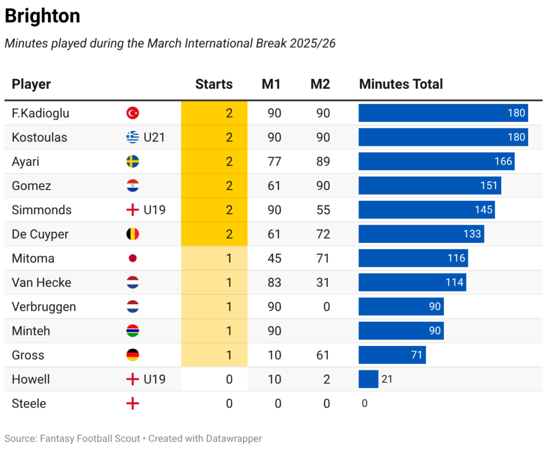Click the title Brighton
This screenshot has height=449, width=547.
click(x=42, y=17)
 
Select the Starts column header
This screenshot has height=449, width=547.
click(x=214, y=84)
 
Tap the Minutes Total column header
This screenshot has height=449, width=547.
click(x=401, y=84)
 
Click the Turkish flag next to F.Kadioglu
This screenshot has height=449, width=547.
click(x=132, y=113)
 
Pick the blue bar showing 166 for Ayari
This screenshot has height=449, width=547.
click(x=436, y=161)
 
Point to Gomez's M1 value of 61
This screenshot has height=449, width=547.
click(x=274, y=186)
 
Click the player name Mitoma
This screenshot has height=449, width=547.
click(x=33, y=258)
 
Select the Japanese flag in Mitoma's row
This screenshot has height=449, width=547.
click(x=132, y=258)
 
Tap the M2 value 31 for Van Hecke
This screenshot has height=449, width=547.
click(x=323, y=282)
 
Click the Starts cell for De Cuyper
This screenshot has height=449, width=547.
click(x=229, y=234)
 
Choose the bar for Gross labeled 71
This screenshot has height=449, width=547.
click(x=392, y=355)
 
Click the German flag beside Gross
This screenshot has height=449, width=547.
click(x=132, y=355)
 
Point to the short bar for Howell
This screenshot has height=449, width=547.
click(x=368, y=379)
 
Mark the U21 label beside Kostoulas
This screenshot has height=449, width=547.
click(x=154, y=137)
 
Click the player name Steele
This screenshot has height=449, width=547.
click(x=29, y=404)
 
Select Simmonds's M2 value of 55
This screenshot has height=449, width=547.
click(x=323, y=210)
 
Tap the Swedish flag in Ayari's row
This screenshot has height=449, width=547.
click(x=132, y=161)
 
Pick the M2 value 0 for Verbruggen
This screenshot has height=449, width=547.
click(x=326, y=306)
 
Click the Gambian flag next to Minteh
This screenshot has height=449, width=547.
click(x=132, y=331)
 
